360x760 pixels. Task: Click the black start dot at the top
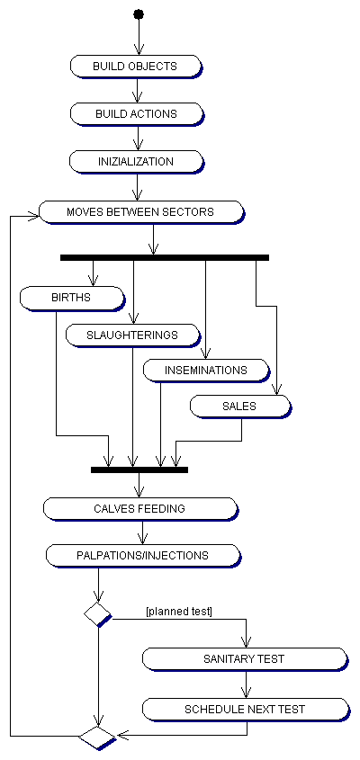(x=139, y=13)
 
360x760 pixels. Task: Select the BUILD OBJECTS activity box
(x=136, y=66)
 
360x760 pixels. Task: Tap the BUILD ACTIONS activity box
(x=136, y=114)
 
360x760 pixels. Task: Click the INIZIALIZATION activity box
(x=136, y=161)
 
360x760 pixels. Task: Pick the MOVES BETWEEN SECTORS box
(x=141, y=212)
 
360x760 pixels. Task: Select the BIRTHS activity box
(x=72, y=298)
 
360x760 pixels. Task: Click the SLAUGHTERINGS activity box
(x=133, y=335)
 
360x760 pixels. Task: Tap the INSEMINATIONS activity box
(x=206, y=371)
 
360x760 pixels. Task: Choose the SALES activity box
(x=240, y=407)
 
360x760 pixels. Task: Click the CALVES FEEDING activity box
(x=140, y=509)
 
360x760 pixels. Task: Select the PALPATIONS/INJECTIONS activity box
(x=142, y=556)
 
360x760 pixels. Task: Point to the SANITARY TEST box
(x=245, y=659)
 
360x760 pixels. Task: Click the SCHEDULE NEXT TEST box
(x=245, y=710)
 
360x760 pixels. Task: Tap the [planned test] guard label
(x=179, y=612)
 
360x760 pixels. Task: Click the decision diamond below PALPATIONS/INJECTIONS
(x=98, y=614)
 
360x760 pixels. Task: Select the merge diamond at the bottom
(x=98, y=738)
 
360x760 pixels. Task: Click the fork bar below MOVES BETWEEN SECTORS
(x=165, y=257)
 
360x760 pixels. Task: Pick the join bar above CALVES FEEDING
(x=139, y=469)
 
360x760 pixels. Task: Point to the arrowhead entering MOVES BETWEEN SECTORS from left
(x=33, y=217)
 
